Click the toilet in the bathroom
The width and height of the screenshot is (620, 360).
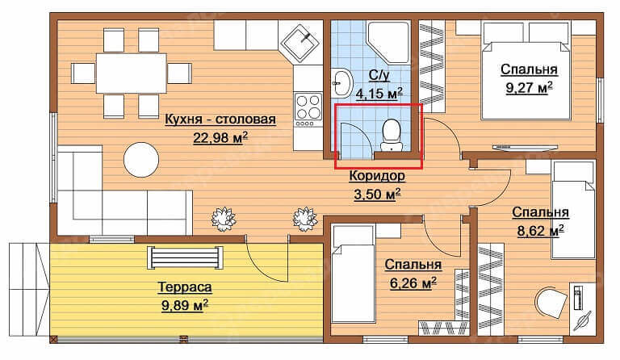[392, 135]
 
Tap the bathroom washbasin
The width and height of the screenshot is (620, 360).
[341, 83]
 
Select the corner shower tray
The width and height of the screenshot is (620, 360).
[387, 42]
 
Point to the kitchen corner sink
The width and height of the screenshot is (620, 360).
[301, 44]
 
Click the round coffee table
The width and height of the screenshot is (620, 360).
[141, 160]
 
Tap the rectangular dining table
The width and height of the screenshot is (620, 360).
[132, 73]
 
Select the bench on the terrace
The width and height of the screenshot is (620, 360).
[185, 257]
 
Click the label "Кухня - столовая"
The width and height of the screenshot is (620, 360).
[220, 119]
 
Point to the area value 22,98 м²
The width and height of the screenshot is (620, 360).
[220, 138]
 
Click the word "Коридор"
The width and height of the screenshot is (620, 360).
[377, 175]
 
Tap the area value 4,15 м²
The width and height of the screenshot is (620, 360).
[379, 94]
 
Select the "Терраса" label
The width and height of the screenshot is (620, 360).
[185, 287]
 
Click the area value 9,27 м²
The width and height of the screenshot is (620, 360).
[529, 88]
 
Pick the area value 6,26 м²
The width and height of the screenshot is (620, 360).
[413, 283]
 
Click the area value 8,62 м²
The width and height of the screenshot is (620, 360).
[541, 231]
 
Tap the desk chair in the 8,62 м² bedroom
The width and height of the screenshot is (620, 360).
[551, 303]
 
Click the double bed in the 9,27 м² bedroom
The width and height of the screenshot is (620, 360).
[526, 71]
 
